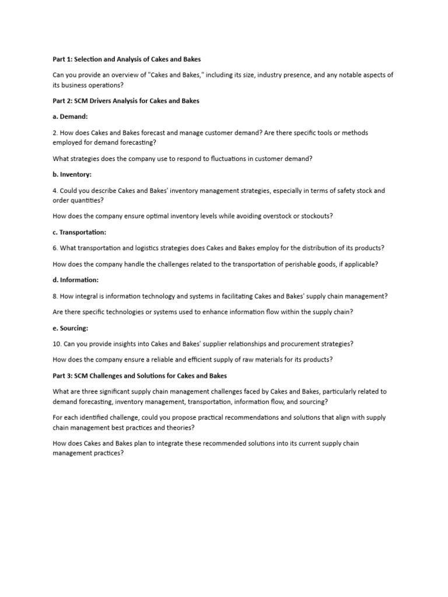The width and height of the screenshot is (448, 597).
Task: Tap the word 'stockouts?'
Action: point(317,216)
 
